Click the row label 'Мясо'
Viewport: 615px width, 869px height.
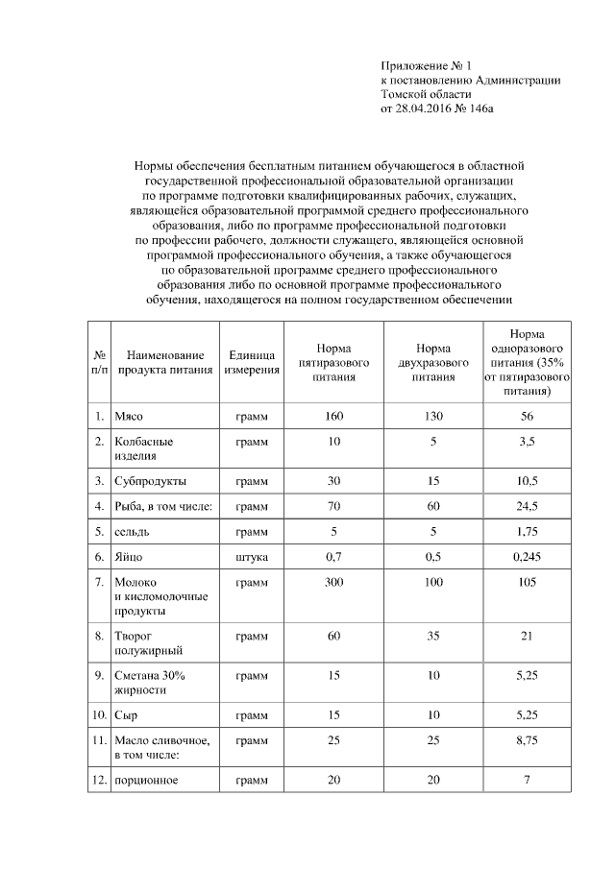(129, 417)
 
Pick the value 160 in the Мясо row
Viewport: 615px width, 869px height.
(333, 417)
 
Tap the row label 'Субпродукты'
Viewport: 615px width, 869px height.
(150, 480)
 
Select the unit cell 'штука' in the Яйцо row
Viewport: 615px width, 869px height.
(252, 556)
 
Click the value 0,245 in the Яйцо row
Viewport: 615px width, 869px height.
(527, 556)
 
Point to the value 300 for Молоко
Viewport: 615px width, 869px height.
(333, 582)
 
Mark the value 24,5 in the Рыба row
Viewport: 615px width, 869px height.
(527, 505)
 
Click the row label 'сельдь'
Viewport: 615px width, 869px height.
(132, 531)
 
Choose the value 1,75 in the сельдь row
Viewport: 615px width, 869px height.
(527, 531)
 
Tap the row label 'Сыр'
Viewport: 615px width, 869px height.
(126, 715)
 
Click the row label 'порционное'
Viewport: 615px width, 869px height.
(146, 780)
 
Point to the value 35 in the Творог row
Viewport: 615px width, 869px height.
(433, 636)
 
